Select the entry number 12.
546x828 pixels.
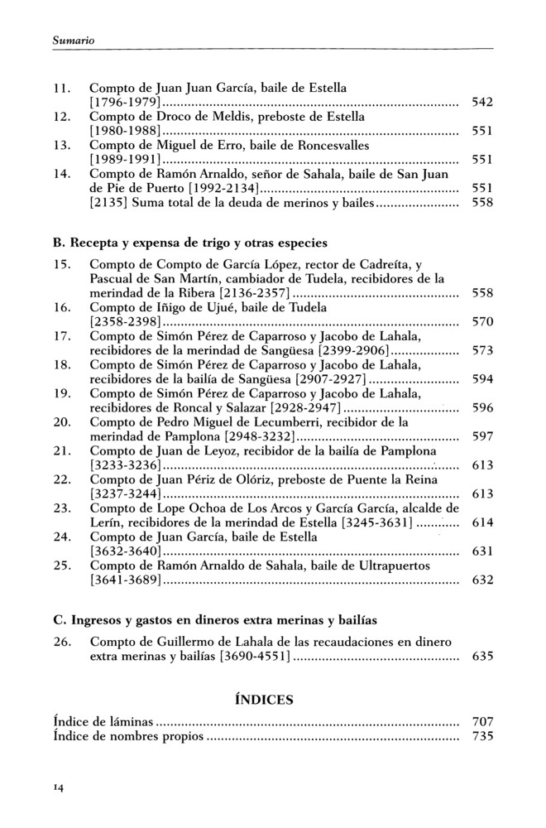[60, 117]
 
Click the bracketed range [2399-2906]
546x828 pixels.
[378, 350]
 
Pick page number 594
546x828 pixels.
[481, 379]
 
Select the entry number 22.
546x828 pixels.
[60, 479]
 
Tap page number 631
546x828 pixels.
[481, 551]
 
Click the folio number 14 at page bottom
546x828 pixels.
[58, 787]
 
